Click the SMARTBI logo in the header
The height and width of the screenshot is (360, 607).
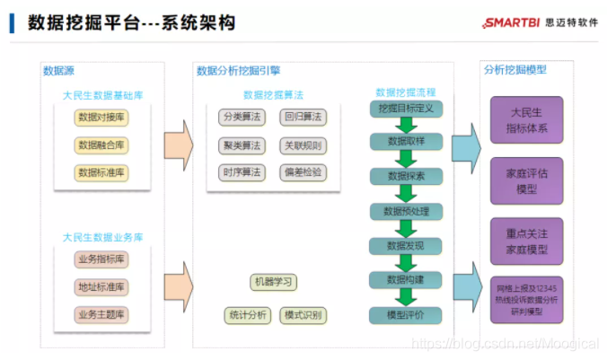(x=528, y=22)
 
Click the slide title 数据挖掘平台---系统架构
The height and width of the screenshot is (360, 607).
(x=132, y=22)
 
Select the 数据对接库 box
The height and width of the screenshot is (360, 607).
(x=102, y=118)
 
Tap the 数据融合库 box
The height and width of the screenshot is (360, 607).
(x=102, y=145)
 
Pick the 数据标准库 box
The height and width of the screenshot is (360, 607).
(x=102, y=171)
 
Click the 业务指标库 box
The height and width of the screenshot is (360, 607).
(x=101, y=259)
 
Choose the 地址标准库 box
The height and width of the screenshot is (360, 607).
(x=101, y=287)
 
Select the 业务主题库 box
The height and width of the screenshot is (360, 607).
(x=101, y=314)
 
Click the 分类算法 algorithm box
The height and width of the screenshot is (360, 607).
(x=242, y=118)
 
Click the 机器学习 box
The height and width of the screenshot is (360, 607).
(x=273, y=283)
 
